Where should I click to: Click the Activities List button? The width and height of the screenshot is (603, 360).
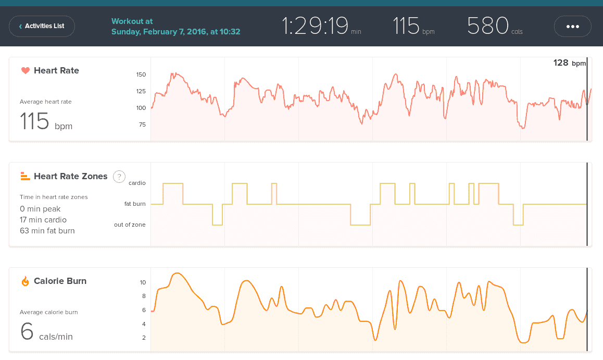pyautogui.click(x=42, y=26)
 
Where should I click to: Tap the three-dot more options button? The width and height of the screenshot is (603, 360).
pyautogui.click(x=572, y=26)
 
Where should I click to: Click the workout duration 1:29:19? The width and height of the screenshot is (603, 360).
pyautogui.click(x=315, y=26)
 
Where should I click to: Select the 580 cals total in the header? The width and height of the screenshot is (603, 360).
pyautogui.click(x=488, y=26)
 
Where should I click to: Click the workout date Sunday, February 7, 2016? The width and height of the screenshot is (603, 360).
pyautogui.click(x=175, y=32)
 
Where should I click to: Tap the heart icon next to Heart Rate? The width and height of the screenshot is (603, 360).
pyautogui.click(x=25, y=70)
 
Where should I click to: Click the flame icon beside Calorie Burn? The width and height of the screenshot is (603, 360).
pyautogui.click(x=25, y=281)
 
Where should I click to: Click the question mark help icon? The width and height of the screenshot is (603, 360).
pyautogui.click(x=119, y=176)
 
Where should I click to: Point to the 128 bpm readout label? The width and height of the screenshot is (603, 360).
pyautogui.click(x=569, y=63)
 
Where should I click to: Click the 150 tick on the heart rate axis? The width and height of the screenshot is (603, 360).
pyautogui.click(x=141, y=75)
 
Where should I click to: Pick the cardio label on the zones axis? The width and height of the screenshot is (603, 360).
pyautogui.click(x=137, y=183)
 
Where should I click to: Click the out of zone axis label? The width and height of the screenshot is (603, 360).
pyautogui.click(x=130, y=225)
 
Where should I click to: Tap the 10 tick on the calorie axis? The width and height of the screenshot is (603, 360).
pyautogui.click(x=143, y=282)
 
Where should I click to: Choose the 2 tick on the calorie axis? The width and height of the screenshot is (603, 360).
pyautogui.click(x=144, y=338)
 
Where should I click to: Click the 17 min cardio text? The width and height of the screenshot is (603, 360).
pyautogui.click(x=43, y=220)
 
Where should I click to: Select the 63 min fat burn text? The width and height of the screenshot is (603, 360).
pyautogui.click(x=47, y=231)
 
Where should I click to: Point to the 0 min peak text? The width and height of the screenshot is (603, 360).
pyautogui.click(x=40, y=209)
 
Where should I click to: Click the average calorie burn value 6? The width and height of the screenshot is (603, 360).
pyautogui.click(x=27, y=331)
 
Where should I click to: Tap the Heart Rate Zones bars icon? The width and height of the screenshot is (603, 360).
pyautogui.click(x=25, y=176)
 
